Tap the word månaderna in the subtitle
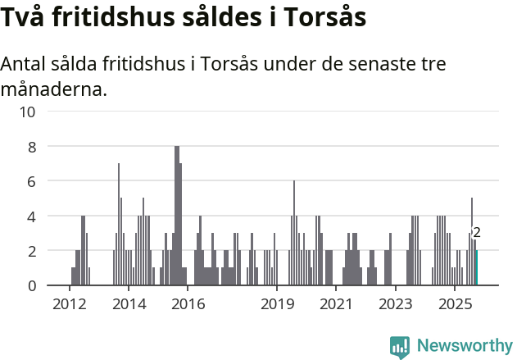pos(54,89)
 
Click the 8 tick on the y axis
pos(32,146)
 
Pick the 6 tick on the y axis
pos(32,181)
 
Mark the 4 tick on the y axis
pos(32,216)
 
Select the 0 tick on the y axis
pos(32,285)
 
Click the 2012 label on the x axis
pos(69,304)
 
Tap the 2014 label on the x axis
pos(129,304)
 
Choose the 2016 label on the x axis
pos(188,304)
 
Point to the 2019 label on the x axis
pos(277,304)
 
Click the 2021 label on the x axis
pos(336,304)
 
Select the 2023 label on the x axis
pos(396,304)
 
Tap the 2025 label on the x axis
pos(455,304)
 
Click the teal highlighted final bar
pos(476,268)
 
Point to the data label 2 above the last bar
pos(476,234)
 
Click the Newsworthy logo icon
pos(400,347)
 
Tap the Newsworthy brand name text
pos(464,346)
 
